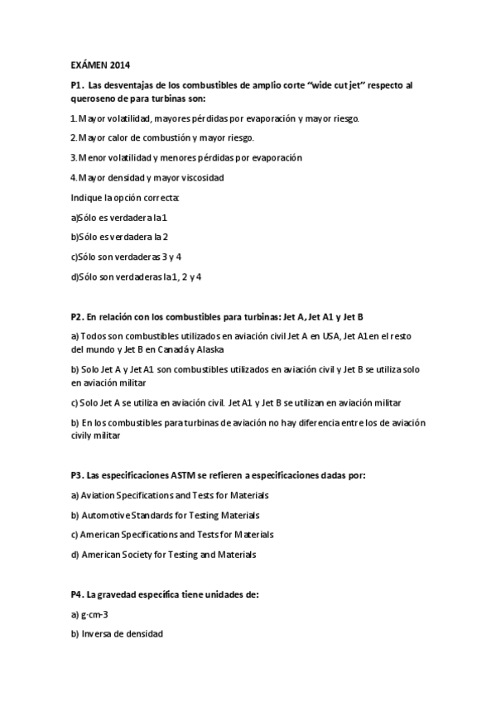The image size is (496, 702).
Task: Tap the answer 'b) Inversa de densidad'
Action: click(117, 634)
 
